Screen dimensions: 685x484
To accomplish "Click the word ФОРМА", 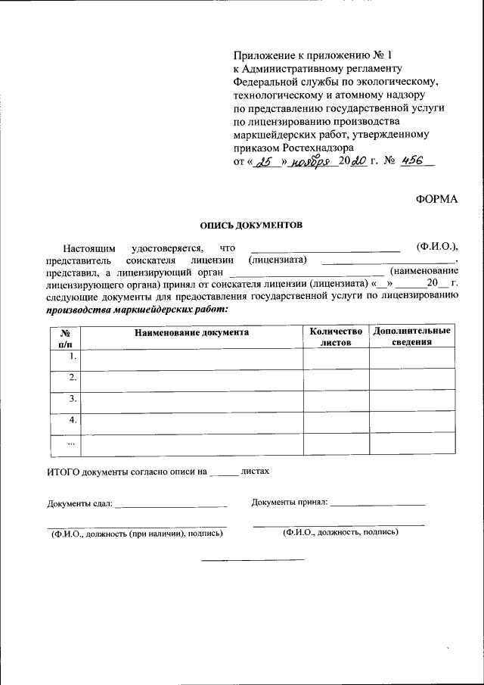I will click(x=436, y=199).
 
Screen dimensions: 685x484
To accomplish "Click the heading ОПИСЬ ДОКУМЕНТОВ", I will click(x=250, y=225).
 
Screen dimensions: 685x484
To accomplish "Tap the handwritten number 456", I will click(x=412, y=160).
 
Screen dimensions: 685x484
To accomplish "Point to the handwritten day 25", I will click(x=264, y=161).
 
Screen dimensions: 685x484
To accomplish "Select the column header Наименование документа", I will click(x=191, y=332).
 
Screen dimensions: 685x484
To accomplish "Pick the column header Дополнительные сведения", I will click(x=412, y=337).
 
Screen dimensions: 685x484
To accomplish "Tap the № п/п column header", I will click(x=65, y=337).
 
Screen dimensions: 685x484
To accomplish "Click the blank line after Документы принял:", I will click(x=377, y=504).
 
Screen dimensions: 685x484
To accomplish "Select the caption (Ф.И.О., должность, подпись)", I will click(x=340, y=532).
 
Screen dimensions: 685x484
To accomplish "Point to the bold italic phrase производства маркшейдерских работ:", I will click(x=136, y=309).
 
